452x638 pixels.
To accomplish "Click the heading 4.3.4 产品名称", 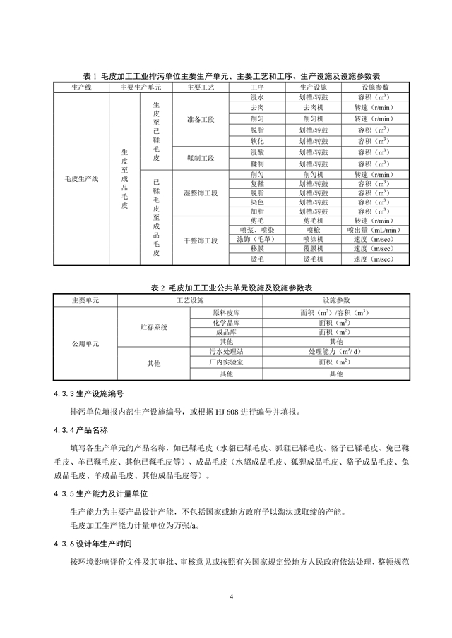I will pyautogui.click(x=81, y=429).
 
